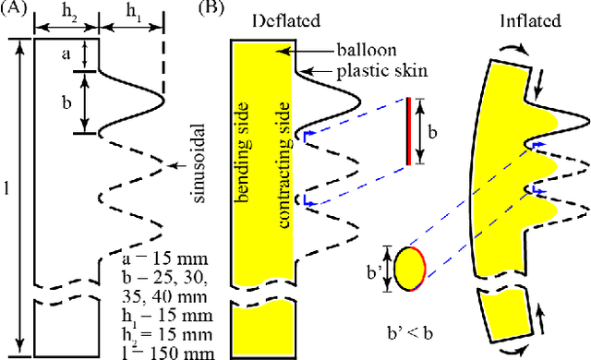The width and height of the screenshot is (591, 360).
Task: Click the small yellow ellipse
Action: pos(409,269)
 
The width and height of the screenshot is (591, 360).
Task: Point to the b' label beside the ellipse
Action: pos(373,271)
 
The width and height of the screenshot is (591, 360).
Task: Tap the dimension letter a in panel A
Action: pos(65,54)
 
